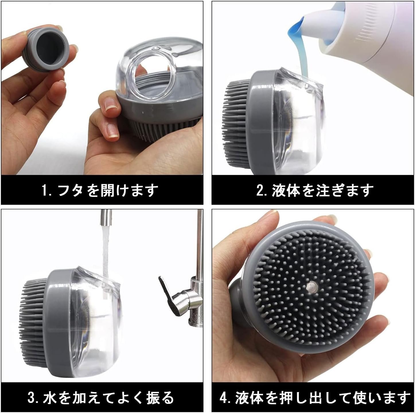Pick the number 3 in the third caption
click(x=32, y=398)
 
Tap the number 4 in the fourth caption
click(x=224, y=398)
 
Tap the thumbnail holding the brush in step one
click(x=110, y=104)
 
